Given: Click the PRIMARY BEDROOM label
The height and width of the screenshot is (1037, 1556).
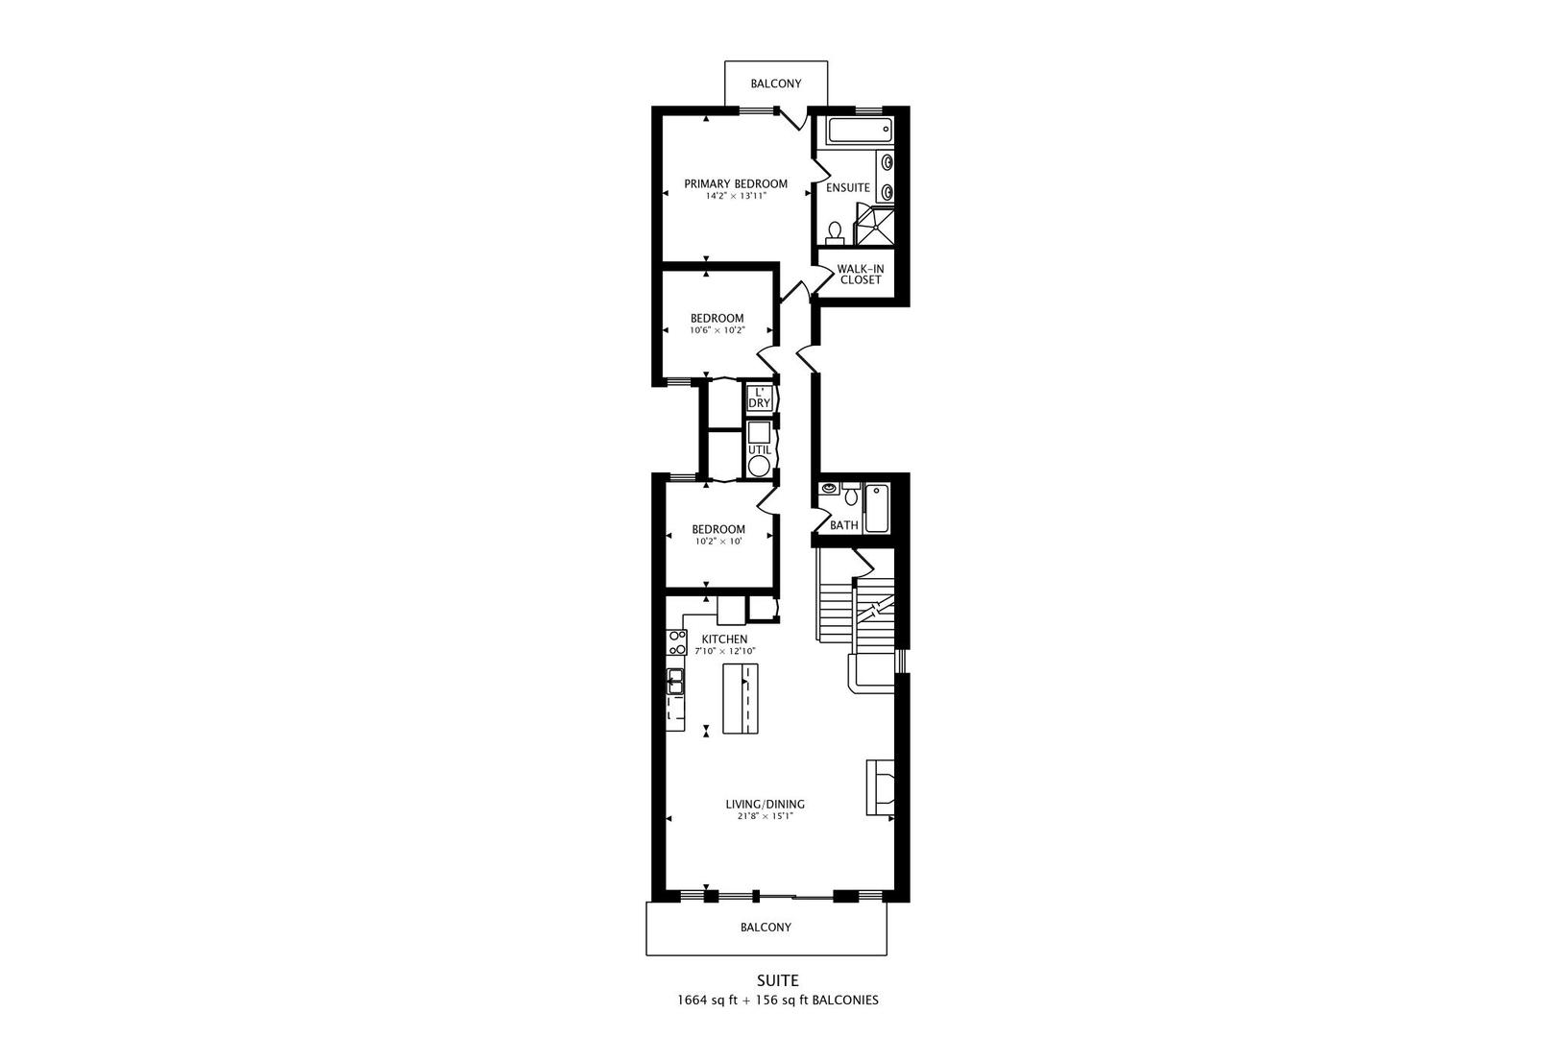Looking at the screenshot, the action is point(736,184).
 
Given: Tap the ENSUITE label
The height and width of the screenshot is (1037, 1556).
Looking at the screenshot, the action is point(847,187).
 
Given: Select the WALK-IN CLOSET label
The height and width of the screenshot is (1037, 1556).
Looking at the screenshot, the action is point(860,275).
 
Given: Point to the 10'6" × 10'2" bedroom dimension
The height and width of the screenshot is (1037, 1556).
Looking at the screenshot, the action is point(717,330).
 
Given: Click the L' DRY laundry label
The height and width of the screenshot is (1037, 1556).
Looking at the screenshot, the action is point(759,398).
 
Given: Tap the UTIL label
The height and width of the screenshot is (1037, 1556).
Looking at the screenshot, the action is point(759,450).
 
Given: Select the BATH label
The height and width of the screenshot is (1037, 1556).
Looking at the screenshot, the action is point(844,525).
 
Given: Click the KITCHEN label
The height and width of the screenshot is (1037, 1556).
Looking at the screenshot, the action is point(724,639).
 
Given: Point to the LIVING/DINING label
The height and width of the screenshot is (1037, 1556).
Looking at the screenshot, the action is point(765,805).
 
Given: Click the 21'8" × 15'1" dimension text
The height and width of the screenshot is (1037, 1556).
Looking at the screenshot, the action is point(765,817).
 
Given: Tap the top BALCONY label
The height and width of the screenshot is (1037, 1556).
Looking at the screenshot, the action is point(776,84).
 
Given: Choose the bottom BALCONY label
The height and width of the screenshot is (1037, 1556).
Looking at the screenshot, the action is point(766,928).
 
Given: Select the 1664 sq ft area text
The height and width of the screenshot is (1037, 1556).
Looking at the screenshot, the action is point(707,1001).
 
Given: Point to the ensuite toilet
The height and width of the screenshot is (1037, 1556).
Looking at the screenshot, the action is point(835,232).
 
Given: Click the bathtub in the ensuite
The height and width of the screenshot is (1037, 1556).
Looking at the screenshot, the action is point(860,130).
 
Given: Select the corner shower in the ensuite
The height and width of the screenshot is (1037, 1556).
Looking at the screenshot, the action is point(874,225).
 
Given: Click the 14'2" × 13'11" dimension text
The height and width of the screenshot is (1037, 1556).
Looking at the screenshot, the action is point(736,197).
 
